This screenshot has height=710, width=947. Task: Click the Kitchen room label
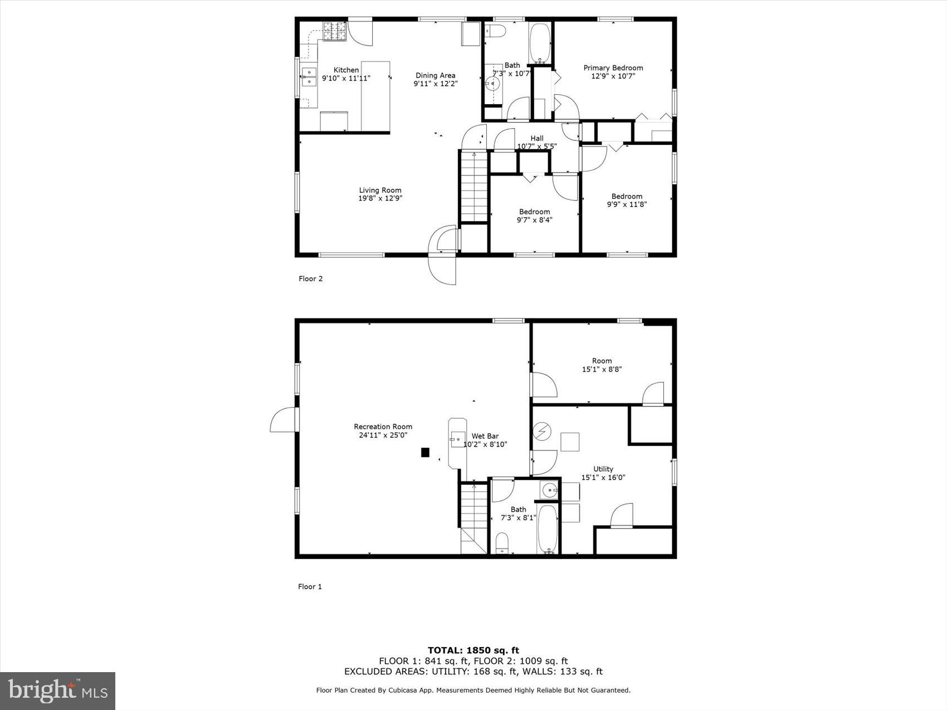[x=346, y=70]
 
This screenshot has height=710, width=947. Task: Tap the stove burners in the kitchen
[x=335, y=31]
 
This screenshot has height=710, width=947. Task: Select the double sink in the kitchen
[x=309, y=77]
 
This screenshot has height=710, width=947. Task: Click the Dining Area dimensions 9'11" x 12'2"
[x=435, y=84]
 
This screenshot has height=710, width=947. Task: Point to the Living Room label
[x=380, y=190]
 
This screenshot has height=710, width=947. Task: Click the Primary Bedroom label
[x=613, y=68]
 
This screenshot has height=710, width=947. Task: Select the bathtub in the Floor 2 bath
[x=539, y=43]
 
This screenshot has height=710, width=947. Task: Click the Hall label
[x=536, y=139]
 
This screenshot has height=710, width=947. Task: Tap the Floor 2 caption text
[x=310, y=279]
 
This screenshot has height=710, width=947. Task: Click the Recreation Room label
[x=383, y=427]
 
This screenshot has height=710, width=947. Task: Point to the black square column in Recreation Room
[x=425, y=453]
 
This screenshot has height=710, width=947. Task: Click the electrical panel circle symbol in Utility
[x=541, y=431]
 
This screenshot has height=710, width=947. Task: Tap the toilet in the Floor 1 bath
[x=502, y=543]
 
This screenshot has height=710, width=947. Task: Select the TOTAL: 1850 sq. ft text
[x=473, y=650]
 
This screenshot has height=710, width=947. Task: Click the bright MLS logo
[x=58, y=691]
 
